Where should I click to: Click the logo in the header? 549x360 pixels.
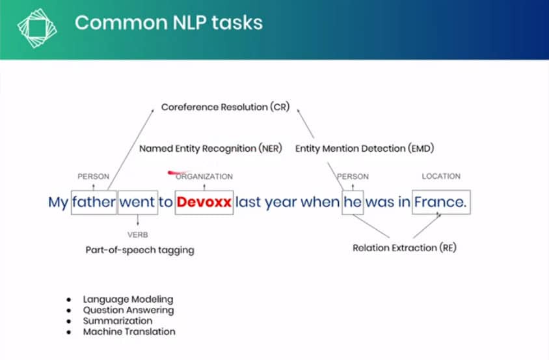(x=37, y=28)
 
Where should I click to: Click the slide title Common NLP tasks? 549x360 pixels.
(x=168, y=23)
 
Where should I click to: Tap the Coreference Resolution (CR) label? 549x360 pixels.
(x=226, y=107)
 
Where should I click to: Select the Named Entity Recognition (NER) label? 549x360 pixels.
(x=211, y=148)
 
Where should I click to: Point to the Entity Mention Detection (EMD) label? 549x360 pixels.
(x=364, y=148)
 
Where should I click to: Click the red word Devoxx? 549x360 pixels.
(x=204, y=202)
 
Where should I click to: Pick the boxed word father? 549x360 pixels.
(x=94, y=202)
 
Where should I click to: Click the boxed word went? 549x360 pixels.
(x=137, y=202)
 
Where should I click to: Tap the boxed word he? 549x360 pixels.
(x=353, y=202)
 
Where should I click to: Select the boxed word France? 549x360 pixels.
(x=440, y=202)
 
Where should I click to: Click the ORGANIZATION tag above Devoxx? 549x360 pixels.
(x=204, y=176)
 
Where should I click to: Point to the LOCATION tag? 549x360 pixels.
(x=441, y=176)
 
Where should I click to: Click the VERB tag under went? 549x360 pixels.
(x=138, y=234)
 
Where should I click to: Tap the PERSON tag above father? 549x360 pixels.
(x=94, y=176)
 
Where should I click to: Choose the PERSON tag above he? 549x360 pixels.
(x=353, y=176)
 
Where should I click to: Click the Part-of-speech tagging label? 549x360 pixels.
(x=140, y=250)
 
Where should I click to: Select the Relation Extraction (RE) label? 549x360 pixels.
(x=405, y=248)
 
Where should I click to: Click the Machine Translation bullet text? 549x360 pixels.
(x=129, y=331)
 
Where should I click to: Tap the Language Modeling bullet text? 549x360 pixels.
(x=128, y=299)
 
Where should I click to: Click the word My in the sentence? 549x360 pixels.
(x=58, y=202)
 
